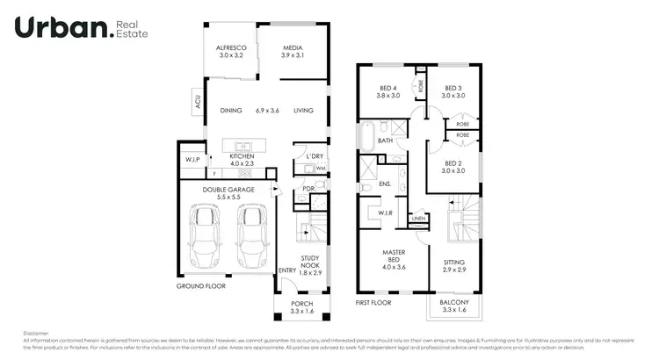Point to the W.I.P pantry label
[x=192, y=160]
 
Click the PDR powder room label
[x=308, y=188]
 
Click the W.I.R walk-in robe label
[x=384, y=212]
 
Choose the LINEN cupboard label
[x=418, y=218]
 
